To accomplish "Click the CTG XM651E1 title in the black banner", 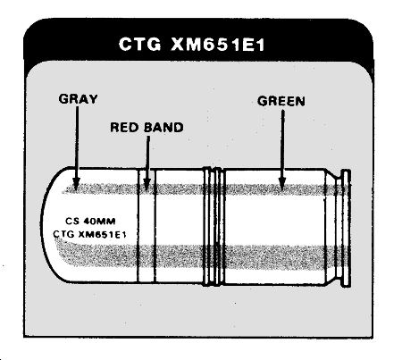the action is point(191,45).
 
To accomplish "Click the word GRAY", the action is point(78,99).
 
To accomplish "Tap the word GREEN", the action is point(281,101).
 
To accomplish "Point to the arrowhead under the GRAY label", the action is point(77,184).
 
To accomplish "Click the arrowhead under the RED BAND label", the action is point(147,184).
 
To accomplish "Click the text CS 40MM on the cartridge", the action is point(90,222).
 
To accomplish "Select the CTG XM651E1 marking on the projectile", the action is point(89,234).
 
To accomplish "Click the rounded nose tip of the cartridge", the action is point(42,225).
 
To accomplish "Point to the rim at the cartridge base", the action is point(346,228).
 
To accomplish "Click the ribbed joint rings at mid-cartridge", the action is point(214,227).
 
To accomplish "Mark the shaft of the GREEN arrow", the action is point(282,144).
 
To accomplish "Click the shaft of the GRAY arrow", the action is point(77,142).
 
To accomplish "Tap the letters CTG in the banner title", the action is point(140,45).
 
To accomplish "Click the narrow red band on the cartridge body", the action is point(147,225).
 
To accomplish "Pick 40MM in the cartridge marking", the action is point(99,222).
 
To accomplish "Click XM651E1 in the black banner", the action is point(218,45).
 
